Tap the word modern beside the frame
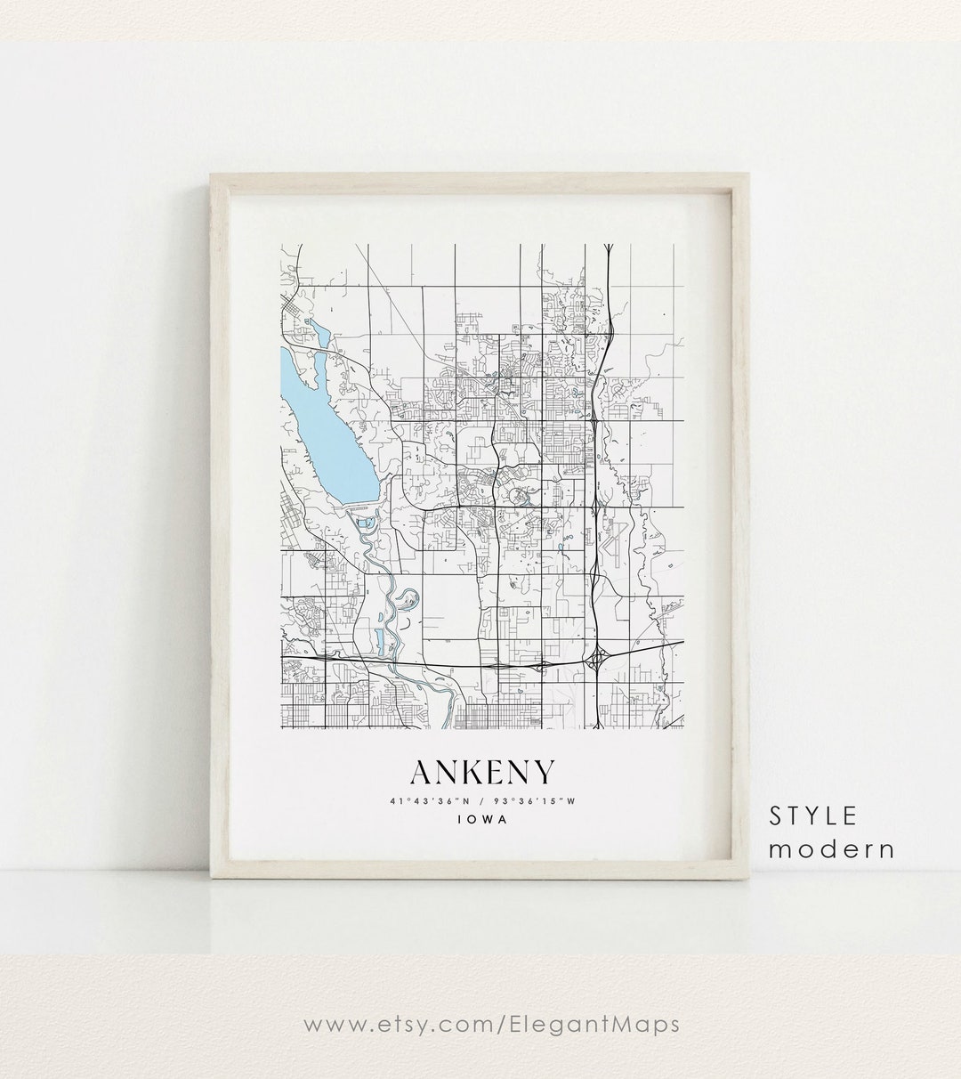831,848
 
